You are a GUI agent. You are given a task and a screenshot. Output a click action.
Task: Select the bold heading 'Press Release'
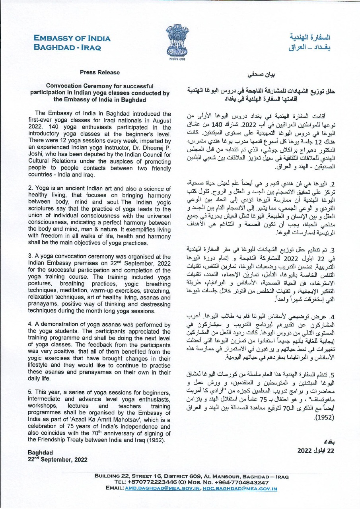tap(99, 72)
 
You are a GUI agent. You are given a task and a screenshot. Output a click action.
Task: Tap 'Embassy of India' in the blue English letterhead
tap(72, 39)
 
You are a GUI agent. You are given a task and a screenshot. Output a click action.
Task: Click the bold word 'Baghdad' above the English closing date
tap(40, 453)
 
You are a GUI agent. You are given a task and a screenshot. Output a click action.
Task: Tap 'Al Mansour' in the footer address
tap(208, 476)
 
